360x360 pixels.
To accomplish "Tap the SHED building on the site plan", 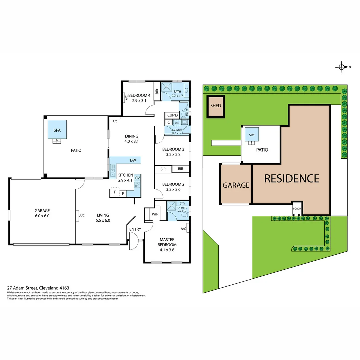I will (x=216, y=106).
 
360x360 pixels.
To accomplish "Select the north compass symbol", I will (x=341, y=67).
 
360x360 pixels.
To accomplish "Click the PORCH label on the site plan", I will (x=297, y=209).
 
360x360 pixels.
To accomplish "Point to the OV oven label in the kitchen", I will (x=137, y=178).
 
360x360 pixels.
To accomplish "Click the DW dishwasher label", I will (x=133, y=160).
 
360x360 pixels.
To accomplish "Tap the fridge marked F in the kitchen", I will (x=115, y=192).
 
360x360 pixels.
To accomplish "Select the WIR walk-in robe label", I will (x=155, y=214).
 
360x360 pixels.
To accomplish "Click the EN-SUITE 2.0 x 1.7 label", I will (x=178, y=209).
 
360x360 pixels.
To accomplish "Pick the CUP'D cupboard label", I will (x=172, y=115).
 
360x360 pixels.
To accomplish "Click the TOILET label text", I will (x=187, y=112).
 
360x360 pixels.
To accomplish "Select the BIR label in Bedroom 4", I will (x=156, y=91).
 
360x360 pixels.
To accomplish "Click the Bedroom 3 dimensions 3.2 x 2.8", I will (x=173, y=154).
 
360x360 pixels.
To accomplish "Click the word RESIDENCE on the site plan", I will (x=291, y=179).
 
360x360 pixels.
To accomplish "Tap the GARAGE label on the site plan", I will (x=236, y=185).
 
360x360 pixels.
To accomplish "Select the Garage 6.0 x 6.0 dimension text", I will (x=42, y=216).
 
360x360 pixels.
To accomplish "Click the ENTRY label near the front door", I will (x=135, y=229).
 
